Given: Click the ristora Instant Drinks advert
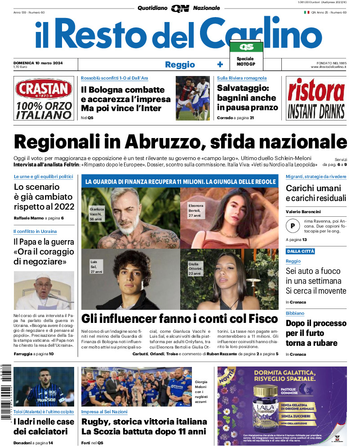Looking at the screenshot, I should pos(316,98).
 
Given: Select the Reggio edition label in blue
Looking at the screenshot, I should pos(180,64).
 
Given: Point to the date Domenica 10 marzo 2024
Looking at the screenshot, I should pos(38,63).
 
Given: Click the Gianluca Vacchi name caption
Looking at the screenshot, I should pos(97,214).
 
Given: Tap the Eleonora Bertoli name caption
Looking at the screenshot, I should pos(196,210).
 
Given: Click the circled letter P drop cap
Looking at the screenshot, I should pos(293,225).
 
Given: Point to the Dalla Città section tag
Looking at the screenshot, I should pos(300,251).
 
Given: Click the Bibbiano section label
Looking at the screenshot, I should pos(295,313).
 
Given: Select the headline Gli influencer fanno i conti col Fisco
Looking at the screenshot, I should pos(179,319).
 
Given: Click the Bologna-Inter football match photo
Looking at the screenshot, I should pos(192,98).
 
